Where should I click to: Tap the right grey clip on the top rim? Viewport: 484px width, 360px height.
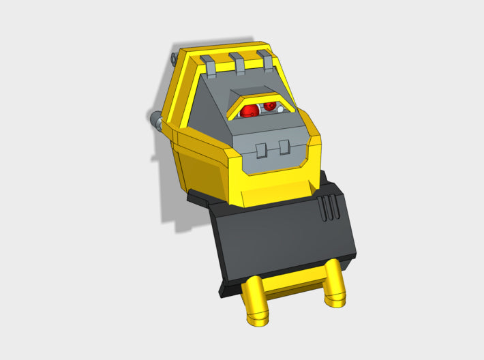pos(265,60)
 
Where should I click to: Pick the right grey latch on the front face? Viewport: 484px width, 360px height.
pos(283,148)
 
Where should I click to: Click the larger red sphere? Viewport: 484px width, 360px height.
pos(250,110)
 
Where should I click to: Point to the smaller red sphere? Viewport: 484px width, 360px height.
pos(269,106)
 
